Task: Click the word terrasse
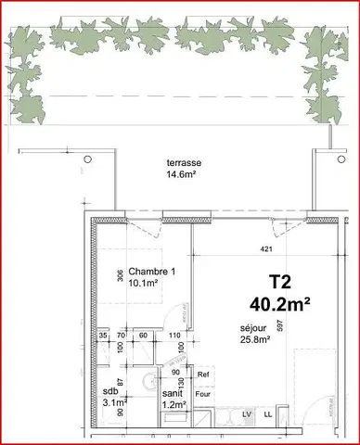(x=183, y=162)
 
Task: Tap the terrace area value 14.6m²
(x=183, y=173)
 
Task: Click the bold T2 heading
(x=280, y=280)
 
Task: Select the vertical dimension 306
(x=120, y=275)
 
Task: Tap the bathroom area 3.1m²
(x=113, y=403)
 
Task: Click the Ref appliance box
(x=204, y=375)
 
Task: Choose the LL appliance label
(x=268, y=414)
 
